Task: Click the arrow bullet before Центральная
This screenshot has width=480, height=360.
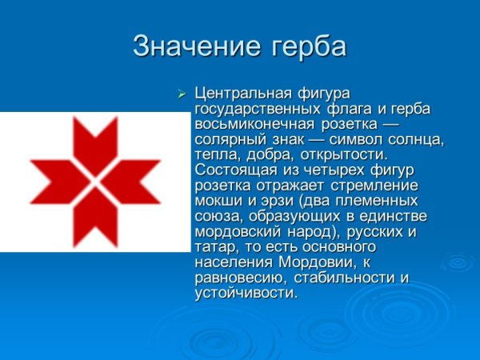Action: [181, 95]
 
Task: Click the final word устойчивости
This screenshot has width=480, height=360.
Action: [245, 292]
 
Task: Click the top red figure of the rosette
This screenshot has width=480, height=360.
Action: [95, 141]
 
